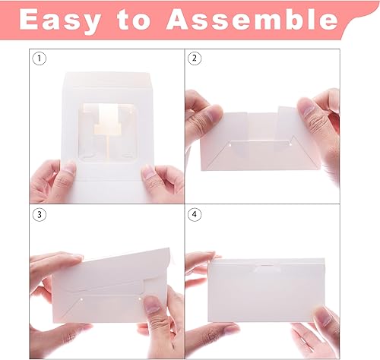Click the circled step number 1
tap(40, 58)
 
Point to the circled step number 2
tap(195, 58)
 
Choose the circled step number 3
tap(40, 214)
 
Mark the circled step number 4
tap(195, 214)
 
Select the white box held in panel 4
tap(266, 289)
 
